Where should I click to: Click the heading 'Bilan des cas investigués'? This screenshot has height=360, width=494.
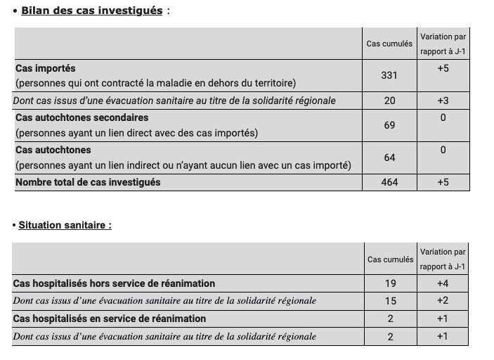coord(91,11)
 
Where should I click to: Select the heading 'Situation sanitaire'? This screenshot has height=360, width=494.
coord(65,225)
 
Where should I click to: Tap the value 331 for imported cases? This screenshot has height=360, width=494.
coord(389,75)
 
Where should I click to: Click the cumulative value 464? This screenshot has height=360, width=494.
coord(389,182)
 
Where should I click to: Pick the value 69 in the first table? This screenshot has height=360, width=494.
coord(389,125)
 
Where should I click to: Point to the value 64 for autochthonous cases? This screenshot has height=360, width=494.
coord(389,157)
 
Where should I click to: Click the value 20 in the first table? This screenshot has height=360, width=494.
coord(389,101)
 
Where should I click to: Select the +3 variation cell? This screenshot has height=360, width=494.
coord(443,101)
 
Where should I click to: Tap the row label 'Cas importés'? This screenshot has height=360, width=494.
coord(46,69)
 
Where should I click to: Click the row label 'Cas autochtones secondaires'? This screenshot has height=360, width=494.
coord(82,117)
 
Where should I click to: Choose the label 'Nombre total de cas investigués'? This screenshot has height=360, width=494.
coord(88,182)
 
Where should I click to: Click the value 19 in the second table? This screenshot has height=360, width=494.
coord(390,283)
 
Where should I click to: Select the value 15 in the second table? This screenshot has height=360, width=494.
coord(390,301)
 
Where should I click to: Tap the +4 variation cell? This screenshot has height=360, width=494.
coord(442,283)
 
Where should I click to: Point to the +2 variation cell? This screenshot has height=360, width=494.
coord(442,301)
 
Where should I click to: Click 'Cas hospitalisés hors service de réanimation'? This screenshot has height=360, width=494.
coord(114,283)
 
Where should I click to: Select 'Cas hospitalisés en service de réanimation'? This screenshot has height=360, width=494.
coord(109,319)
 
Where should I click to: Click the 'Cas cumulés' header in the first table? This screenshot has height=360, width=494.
coord(389,44)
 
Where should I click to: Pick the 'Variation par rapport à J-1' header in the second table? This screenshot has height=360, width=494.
coord(443,259)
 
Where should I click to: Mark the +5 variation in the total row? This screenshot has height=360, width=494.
coord(443,182)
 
